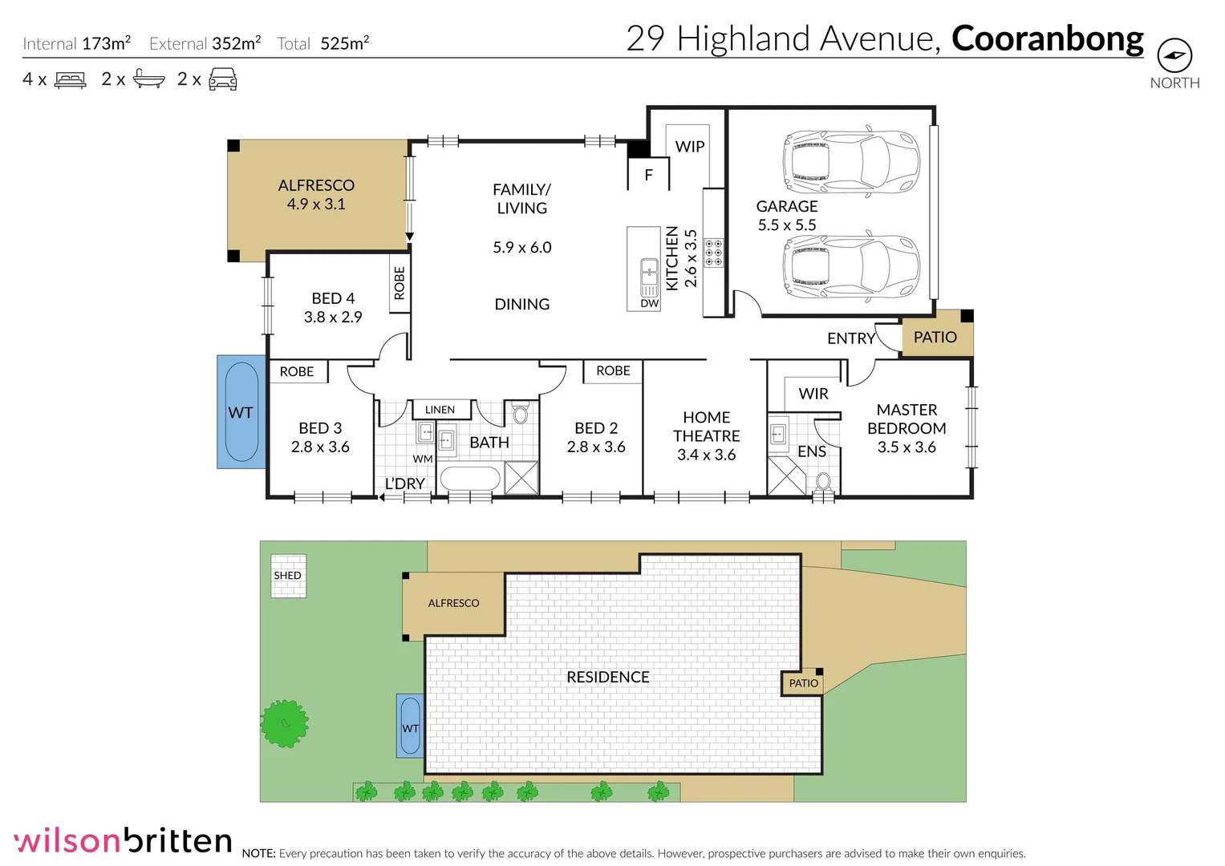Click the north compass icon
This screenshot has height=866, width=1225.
pyautogui.click(x=1174, y=56)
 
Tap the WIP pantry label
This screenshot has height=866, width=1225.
pyautogui.click(x=689, y=147)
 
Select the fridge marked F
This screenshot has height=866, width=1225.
pyautogui.click(x=648, y=175)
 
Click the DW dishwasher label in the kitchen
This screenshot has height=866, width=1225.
pyautogui.click(x=649, y=304)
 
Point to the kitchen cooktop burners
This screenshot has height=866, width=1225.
pyautogui.click(x=713, y=252)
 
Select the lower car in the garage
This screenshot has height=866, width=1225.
pyautogui.click(x=850, y=268)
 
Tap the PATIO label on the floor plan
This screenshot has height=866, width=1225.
pyautogui.click(x=935, y=338)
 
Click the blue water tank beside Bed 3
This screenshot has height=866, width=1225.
pyautogui.click(x=241, y=412)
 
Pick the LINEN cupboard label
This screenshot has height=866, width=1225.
pyautogui.click(x=440, y=410)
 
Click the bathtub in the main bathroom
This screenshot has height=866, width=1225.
pyautogui.click(x=470, y=479)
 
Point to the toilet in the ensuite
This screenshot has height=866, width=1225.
pyautogui.click(x=823, y=482)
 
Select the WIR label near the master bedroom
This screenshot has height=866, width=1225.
pyautogui.click(x=813, y=394)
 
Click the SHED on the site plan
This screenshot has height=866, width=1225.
pyautogui.click(x=288, y=576)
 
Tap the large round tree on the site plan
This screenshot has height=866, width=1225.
pyautogui.click(x=284, y=723)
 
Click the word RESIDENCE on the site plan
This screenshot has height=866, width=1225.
pyautogui.click(x=607, y=678)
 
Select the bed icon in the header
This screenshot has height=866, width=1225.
pyautogui.click(x=71, y=80)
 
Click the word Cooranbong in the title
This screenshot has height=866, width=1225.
pyautogui.click(x=1047, y=38)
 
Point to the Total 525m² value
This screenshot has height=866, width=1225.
pyautogui.click(x=344, y=43)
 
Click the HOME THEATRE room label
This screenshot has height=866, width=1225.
pyautogui.click(x=706, y=436)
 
